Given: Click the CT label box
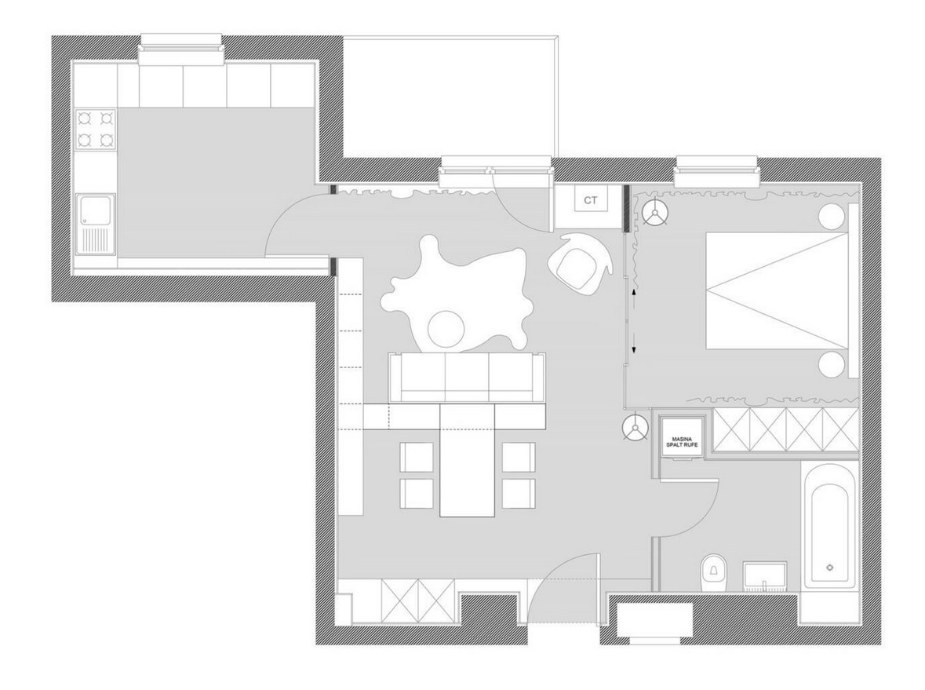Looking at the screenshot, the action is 590,200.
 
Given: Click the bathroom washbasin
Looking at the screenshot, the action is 764,576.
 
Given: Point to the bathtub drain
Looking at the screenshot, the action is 830,568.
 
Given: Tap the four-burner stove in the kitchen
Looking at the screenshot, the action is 96,130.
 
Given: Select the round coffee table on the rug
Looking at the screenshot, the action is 446,329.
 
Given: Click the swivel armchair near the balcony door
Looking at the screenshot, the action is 578,262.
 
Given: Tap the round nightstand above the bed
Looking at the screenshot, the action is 831,217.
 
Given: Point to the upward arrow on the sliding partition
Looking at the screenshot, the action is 634,294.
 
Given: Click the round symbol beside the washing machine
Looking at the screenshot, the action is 635,428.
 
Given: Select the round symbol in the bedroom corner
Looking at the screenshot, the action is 654,214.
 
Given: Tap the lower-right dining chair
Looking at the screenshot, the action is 519,493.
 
